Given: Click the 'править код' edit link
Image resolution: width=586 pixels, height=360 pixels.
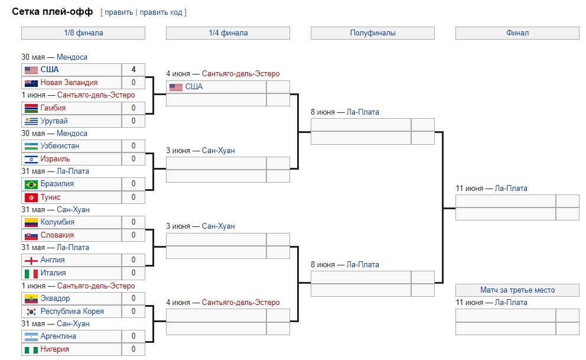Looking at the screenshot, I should pyautogui.click(x=161, y=12).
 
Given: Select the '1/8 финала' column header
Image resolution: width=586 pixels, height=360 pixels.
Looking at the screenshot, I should pyautogui.click(x=83, y=33).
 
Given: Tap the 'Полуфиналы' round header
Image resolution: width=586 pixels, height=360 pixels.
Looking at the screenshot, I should pyautogui.click(x=372, y=33).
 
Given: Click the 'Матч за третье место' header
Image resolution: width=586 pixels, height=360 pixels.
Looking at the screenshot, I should pyautogui.click(x=517, y=290).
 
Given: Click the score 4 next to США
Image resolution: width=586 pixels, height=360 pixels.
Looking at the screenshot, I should pyautogui.click(x=134, y=70).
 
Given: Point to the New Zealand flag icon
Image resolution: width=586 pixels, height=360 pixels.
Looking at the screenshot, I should pyautogui.click(x=31, y=83).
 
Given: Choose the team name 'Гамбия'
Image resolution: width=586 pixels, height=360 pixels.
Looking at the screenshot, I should pyautogui.click(x=53, y=108).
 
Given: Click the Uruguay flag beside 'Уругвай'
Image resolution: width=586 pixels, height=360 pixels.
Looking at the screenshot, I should pyautogui.click(x=31, y=121).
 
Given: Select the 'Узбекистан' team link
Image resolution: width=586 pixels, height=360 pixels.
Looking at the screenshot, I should pyautogui.click(x=60, y=146).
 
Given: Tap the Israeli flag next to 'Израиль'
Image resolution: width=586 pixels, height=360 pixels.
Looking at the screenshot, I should pyautogui.click(x=31, y=159).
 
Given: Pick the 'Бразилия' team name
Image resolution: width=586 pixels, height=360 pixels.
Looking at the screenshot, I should pyautogui.click(x=57, y=184).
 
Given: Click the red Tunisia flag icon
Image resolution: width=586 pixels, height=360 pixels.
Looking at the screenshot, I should pyautogui.click(x=31, y=197).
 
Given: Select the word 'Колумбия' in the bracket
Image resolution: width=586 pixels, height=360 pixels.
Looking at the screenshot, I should pyautogui.click(x=57, y=222).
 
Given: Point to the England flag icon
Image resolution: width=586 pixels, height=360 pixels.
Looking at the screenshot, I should pyautogui.click(x=31, y=260).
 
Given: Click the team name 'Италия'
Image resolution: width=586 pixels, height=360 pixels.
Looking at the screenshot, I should pyautogui.click(x=53, y=273).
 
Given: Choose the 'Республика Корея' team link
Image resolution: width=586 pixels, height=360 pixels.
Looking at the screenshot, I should pyautogui.click(x=72, y=312).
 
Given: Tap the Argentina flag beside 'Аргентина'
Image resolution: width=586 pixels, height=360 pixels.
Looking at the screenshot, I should pyautogui.click(x=31, y=336).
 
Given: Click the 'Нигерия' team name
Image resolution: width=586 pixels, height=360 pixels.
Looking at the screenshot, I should pyautogui.click(x=54, y=349).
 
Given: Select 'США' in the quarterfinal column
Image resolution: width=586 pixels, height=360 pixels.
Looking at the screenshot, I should pyautogui.click(x=194, y=87).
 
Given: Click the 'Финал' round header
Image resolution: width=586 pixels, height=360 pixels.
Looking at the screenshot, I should pyautogui.click(x=517, y=33).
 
